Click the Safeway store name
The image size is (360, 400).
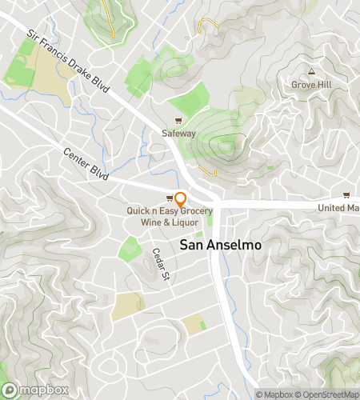pos(178,134)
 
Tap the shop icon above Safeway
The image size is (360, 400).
pos(178,122)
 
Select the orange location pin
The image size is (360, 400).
pos(181,198)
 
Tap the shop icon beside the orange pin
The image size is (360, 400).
pos(170,198)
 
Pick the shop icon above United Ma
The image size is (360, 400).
pos(346,195)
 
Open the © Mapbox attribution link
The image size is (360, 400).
pos(274,394)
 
